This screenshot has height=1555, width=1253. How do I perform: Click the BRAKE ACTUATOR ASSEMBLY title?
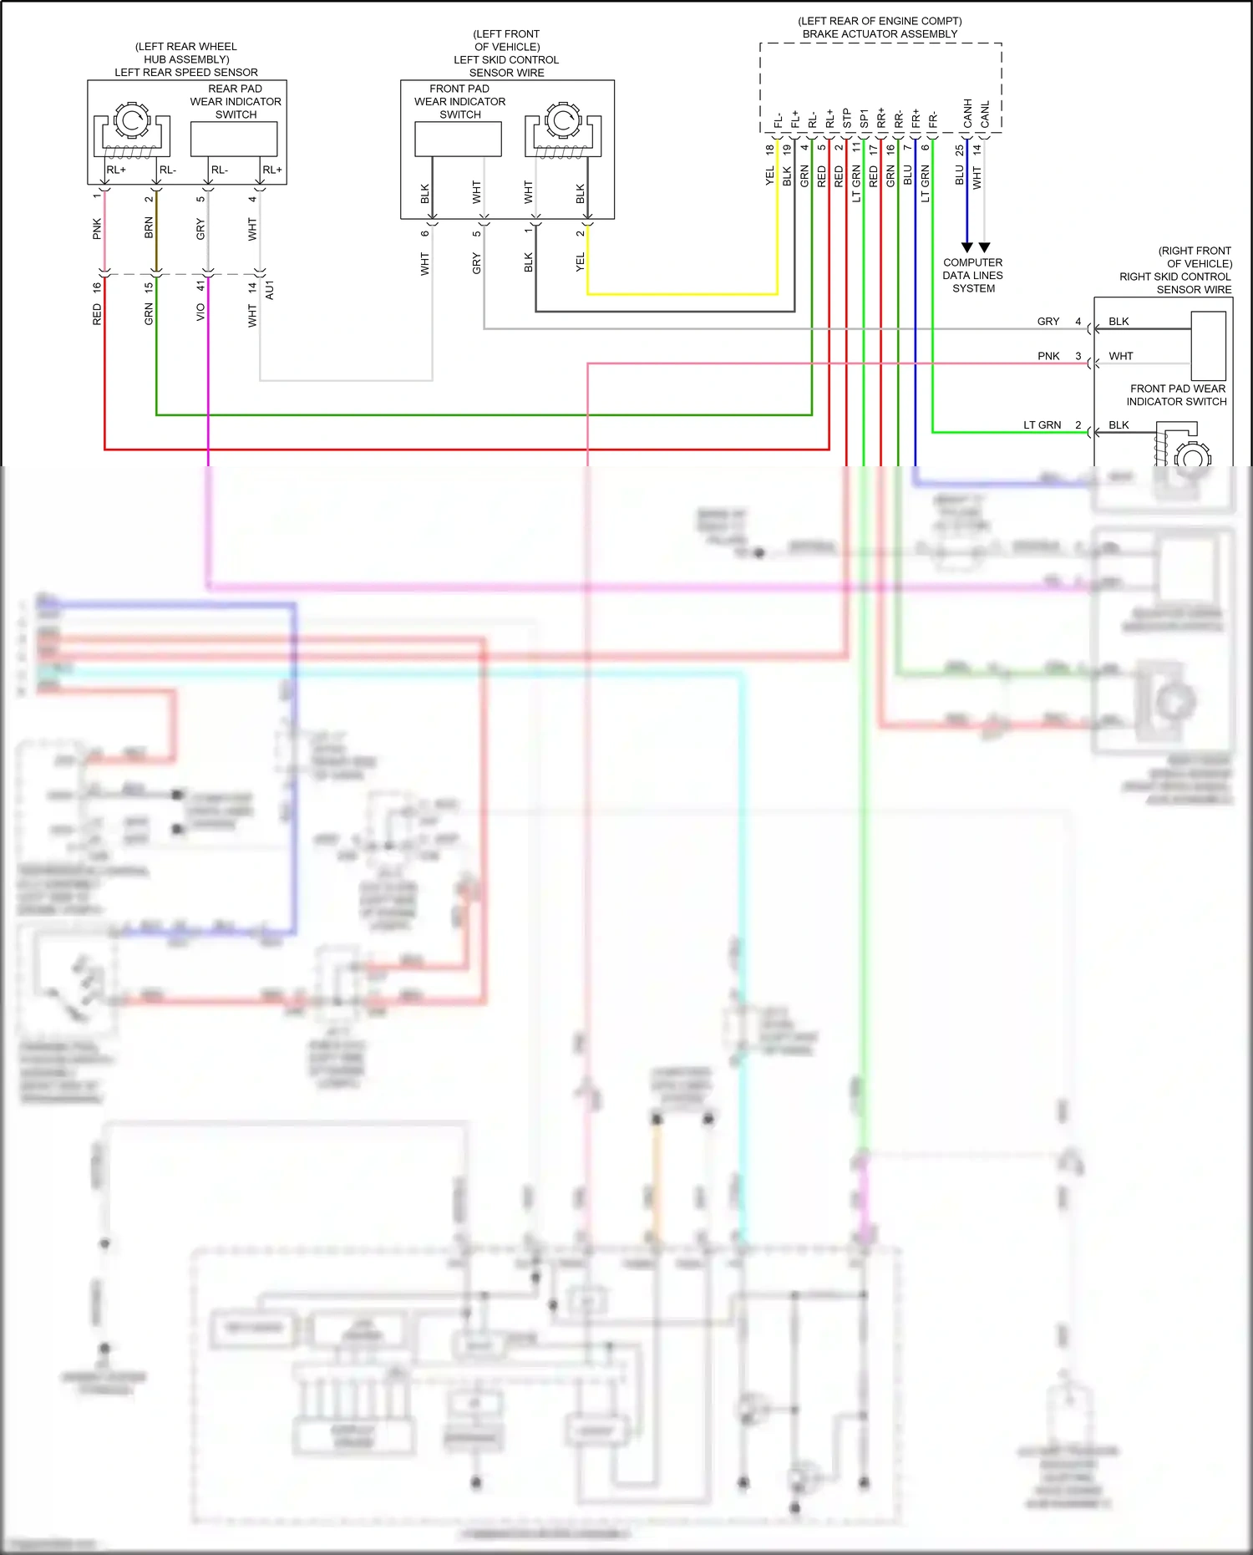click(x=880, y=34)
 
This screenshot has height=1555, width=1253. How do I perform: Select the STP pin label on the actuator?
click(x=846, y=118)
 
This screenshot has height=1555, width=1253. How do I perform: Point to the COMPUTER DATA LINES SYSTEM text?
click(x=972, y=275)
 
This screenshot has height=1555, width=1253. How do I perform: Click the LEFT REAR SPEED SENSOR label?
click(x=186, y=73)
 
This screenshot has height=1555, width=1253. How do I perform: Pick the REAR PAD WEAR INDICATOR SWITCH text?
click(x=236, y=101)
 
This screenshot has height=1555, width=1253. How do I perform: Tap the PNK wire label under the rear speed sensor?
click(x=97, y=228)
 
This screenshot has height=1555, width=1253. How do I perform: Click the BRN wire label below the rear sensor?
click(x=149, y=227)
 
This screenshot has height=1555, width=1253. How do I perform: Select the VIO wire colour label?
click(x=200, y=312)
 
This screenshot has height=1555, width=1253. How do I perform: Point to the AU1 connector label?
click(x=269, y=290)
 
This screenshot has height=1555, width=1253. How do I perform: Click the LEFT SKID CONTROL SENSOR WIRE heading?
click(x=506, y=66)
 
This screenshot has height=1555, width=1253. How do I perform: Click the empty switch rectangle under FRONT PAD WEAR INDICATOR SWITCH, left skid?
click(x=458, y=139)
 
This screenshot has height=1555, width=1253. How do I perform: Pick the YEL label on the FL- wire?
click(x=769, y=176)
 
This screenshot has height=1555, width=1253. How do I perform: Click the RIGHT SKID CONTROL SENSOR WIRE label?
click(x=1175, y=282)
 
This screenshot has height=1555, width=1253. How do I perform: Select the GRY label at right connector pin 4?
click(x=1048, y=321)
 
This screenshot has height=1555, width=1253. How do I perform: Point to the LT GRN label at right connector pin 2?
click(x=1042, y=424)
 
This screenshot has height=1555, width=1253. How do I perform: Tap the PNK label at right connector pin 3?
click(x=1048, y=356)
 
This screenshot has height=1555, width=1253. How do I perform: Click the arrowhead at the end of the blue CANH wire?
click(x=967, y=247)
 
